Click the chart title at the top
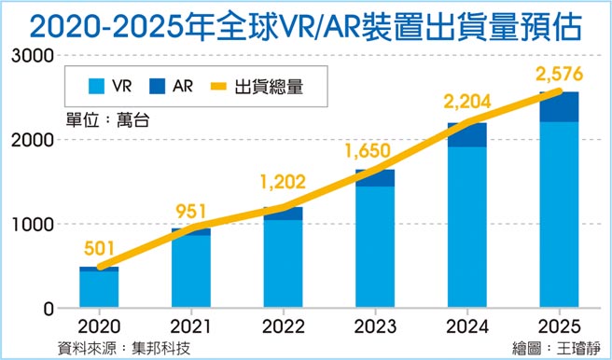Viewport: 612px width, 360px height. tap(305, 23)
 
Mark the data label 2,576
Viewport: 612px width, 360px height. tap(557, 73)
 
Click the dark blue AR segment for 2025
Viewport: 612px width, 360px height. tap(558, 107)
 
